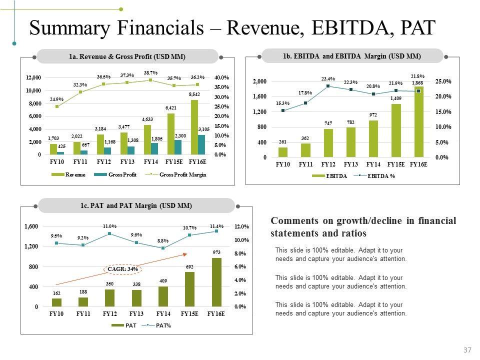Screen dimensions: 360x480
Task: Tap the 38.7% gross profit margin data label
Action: coord(151,72)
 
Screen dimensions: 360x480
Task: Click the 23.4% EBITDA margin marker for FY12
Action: coord(328,86)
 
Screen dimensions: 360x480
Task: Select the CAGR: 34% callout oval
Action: coord(123,269)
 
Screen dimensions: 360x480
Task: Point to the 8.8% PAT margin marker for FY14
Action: coord(163,248)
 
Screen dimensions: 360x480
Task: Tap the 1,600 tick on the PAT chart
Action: coord(31,227)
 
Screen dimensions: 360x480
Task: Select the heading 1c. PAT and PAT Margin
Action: coord(136,205)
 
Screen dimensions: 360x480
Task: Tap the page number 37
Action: coord(467,350)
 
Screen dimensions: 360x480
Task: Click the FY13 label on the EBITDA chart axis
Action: coord(350,164)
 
